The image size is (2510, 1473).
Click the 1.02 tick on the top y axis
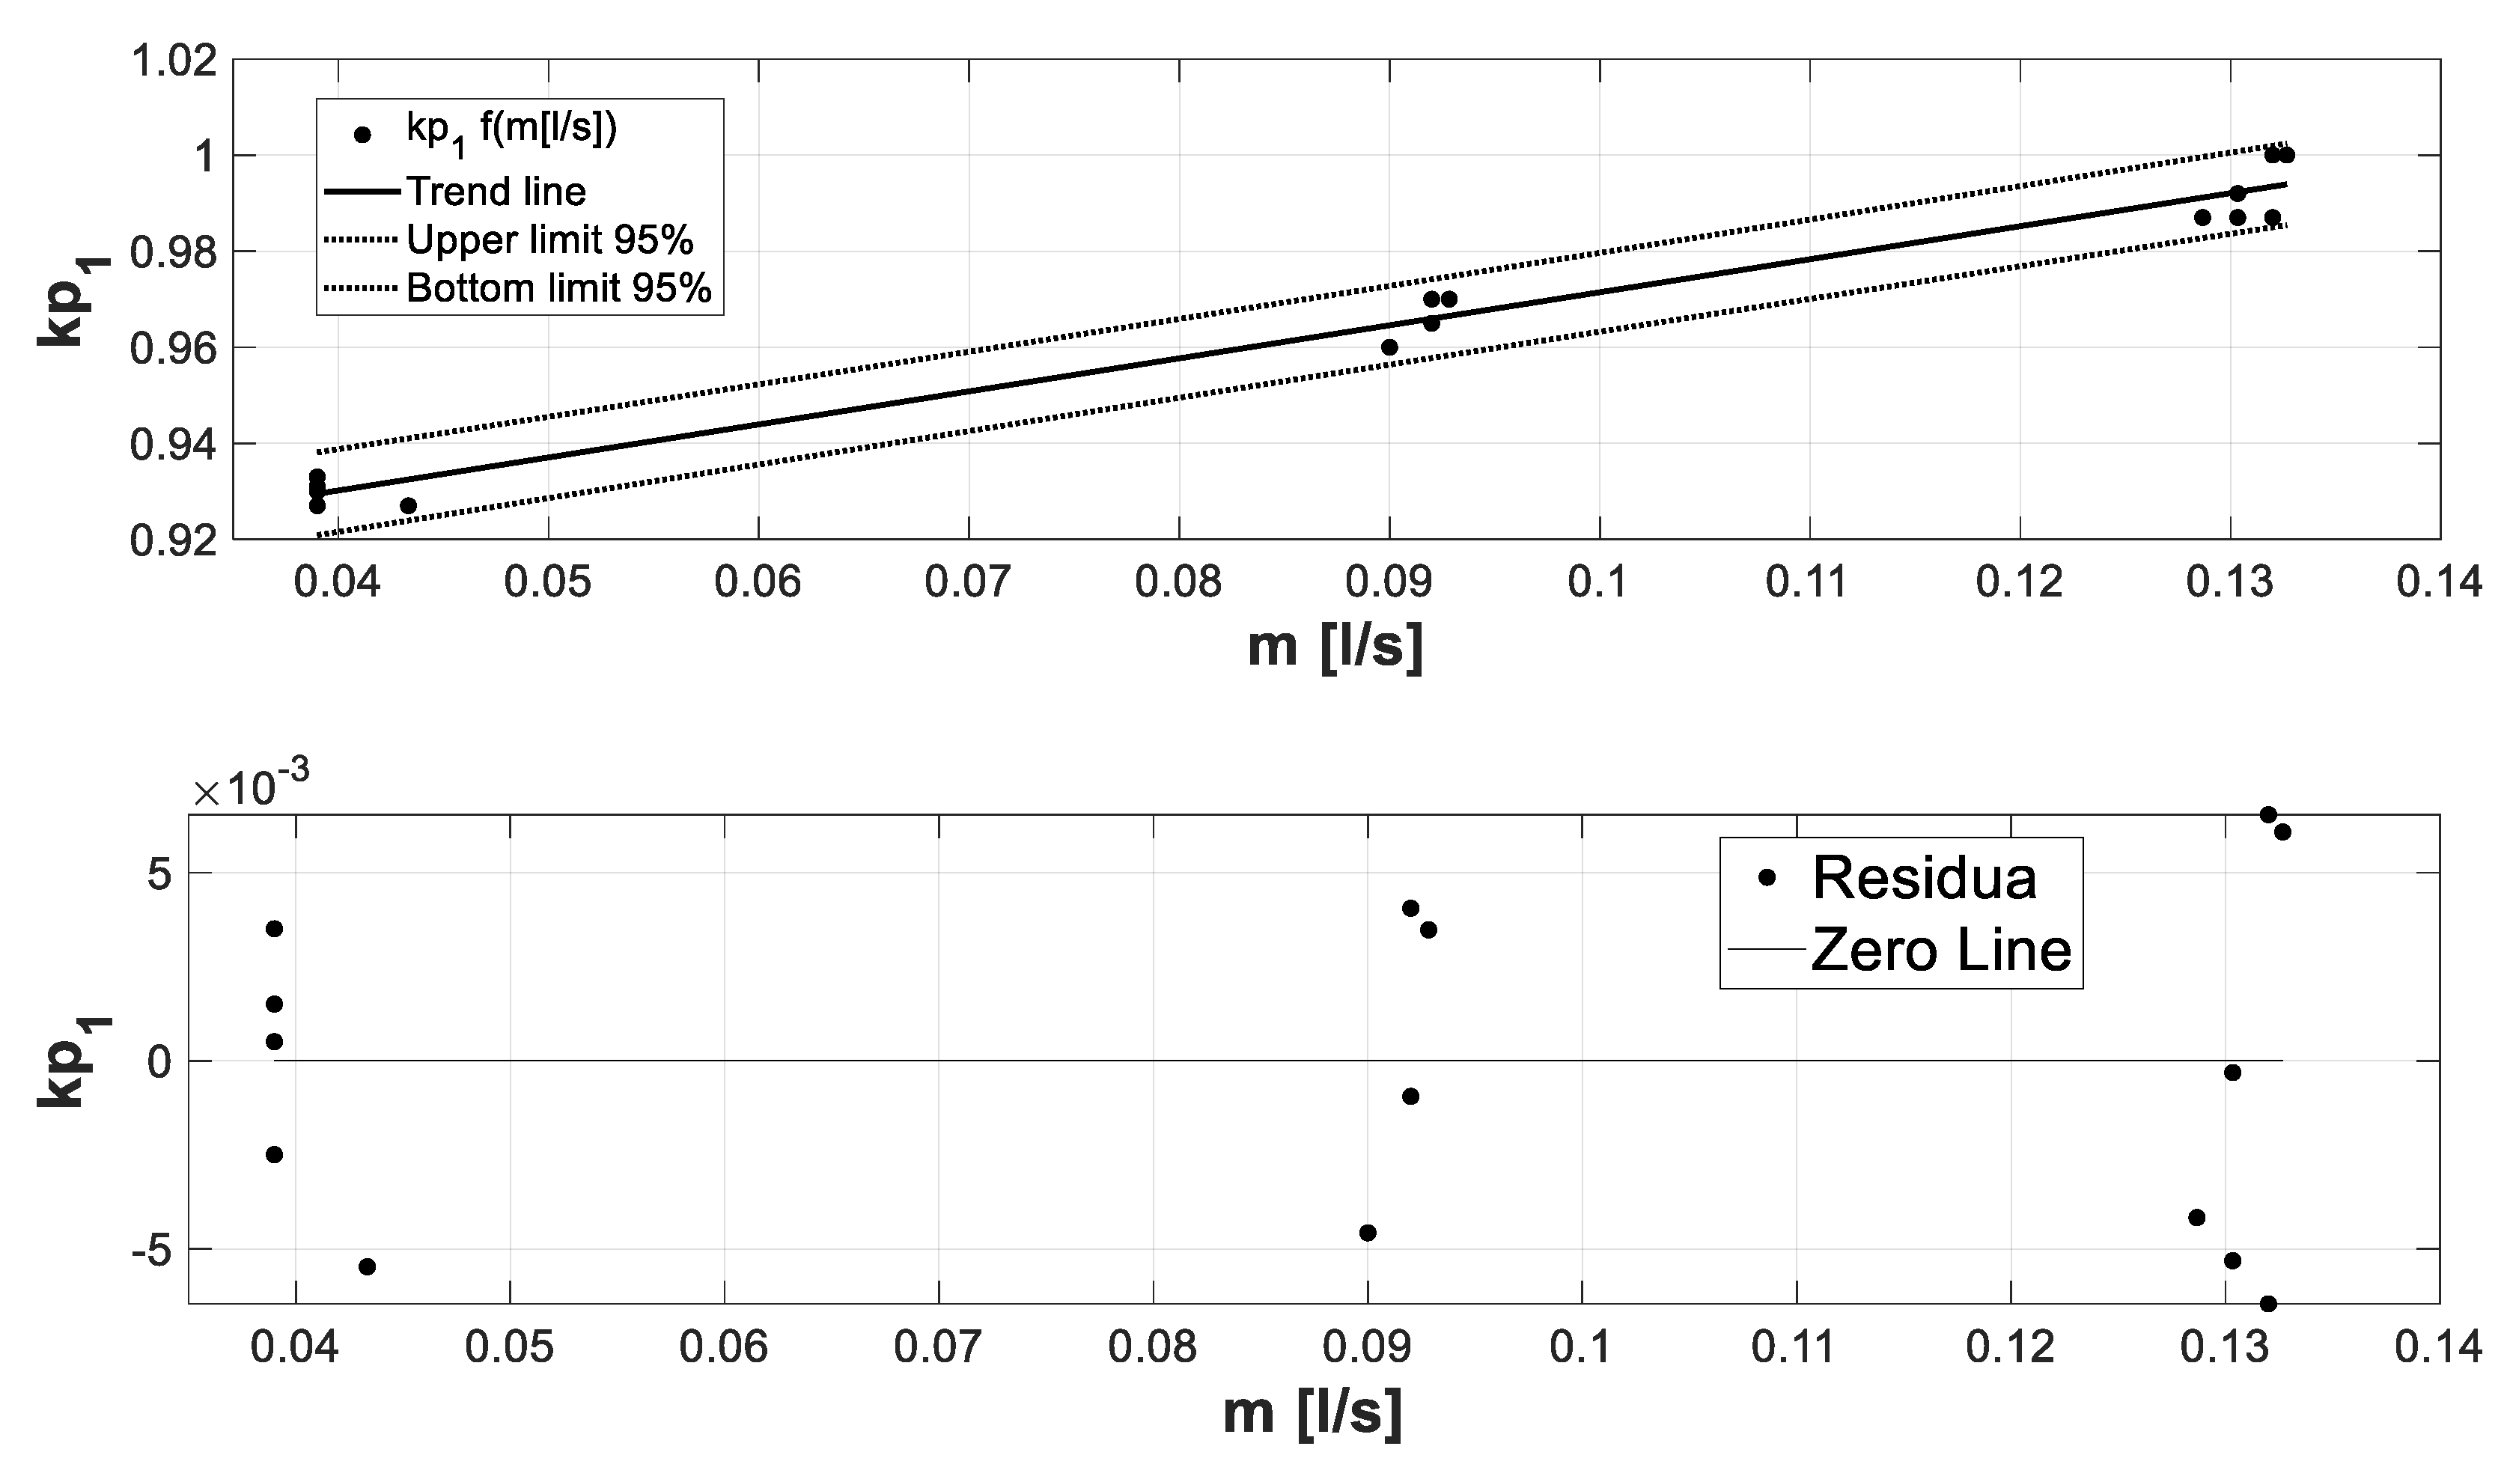click(x=174, y=61)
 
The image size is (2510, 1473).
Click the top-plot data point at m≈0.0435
click(x=409, y=506)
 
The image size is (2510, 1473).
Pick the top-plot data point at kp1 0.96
click(x=1389, y=347)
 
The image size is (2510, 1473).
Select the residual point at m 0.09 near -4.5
click(x=1368, y=1233)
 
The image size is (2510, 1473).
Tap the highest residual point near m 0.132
click(x=2268, y=814)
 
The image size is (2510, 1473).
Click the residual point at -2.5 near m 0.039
click(x=274, y=1154)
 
